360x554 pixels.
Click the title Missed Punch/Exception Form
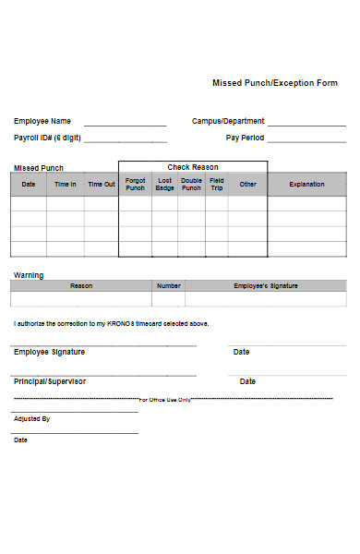click(x=275, y=83)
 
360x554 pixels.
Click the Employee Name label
click(x=42, y=121)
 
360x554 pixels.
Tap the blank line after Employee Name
click(x=126, y=124)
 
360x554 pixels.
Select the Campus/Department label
click(x=228, y=121)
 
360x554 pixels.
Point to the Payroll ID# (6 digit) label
click(x=47, y=138)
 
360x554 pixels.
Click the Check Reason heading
click(x=193, y=167)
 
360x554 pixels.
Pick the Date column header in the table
click(x=29, y=184)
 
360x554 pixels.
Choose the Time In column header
click(x=66, y=184)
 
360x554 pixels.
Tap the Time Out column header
click(x=102, y=184)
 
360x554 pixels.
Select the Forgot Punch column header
click(x=135, y=184)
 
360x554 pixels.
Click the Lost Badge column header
click(x=164, y=184)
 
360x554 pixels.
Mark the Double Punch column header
click(x=191, y=184)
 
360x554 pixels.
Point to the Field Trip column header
click(x=216, y=184)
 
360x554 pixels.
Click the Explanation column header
click(x=306, y=184)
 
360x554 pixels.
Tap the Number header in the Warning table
click(x=168, y=286)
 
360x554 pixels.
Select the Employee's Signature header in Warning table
click(x=266, y=286)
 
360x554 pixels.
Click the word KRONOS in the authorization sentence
click(x=122, y=324)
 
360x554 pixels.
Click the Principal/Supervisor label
click(x=50, y=381)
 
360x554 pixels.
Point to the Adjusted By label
click(x=31, y=418)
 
